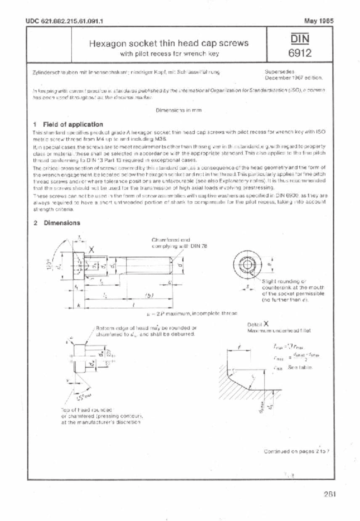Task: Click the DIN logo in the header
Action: pos(299,39)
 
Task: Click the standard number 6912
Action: pos(300,53)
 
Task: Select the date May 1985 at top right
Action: pos(319,21)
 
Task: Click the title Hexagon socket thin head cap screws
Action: pos(169,43)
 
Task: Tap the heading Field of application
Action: pos(73,124)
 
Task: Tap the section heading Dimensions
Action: pos(62,223)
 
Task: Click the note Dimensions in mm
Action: pos(178,110)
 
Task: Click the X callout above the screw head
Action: pos(91,249)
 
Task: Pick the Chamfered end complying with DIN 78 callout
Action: pos(179,243)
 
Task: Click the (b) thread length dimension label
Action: pos(149,295)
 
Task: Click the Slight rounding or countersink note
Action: pos(292,290)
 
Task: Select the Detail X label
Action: pos(258,324)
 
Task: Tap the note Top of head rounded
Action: pos(101,416)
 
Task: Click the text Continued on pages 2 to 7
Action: pos(296,451)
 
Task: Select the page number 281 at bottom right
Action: pos(329,494)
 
